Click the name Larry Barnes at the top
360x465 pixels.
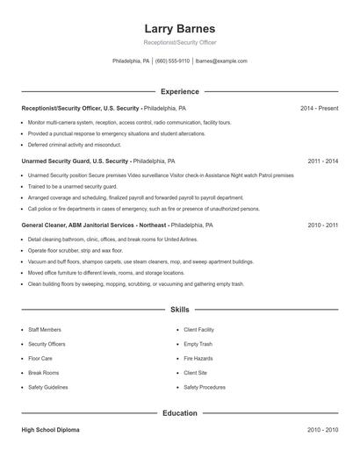pos(179,28)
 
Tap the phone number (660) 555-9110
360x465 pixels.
pos(173,61)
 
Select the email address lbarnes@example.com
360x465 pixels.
pos(221,61)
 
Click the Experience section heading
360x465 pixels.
pos(179,91)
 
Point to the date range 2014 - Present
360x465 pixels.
pos(319,108)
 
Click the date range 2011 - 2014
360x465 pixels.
pos(322,161)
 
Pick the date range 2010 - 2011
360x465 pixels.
pos(322,225)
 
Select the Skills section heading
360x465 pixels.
pos(179,310)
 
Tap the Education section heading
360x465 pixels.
pos(179,412)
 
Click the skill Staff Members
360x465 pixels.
pos(45,330)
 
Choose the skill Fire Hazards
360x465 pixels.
pos(198,358)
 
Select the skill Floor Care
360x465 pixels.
pos(40,358)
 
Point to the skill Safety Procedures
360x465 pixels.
pos(205,387)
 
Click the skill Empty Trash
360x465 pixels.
pos(198,344)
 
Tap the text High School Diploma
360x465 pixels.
pos(51,430)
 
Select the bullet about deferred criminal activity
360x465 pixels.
pos(75,145)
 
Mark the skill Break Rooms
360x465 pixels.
pos(43,372)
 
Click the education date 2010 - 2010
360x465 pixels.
pos(322,430)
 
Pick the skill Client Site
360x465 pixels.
pos(195,372)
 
